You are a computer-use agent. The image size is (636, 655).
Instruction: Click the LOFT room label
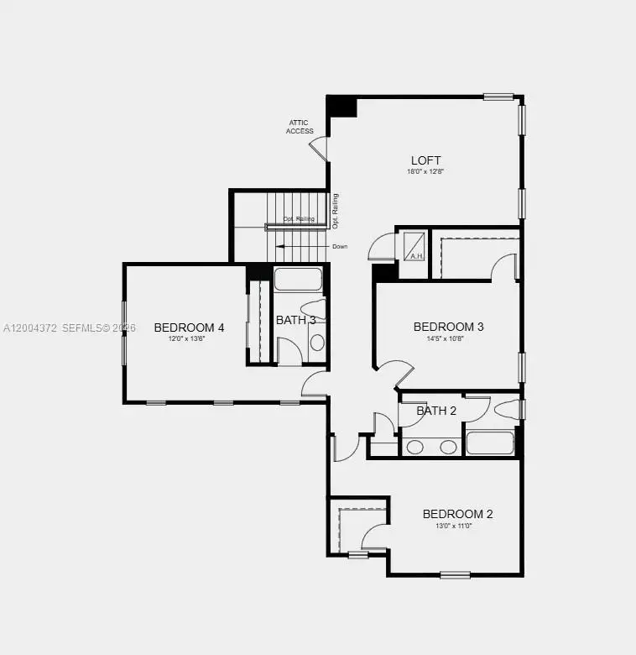pyautogui.click(x=425, y=160)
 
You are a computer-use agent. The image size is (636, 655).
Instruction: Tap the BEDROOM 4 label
pyautogui.click(x=189, y=327)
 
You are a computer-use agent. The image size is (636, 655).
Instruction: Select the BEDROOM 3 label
pyautogui.click(x=449, y=327)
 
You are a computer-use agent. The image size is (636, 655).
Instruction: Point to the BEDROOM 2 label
pyautogui.click(x=457, y=514)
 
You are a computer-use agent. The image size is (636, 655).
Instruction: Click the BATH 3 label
pyautogui.click(x=296, y=320)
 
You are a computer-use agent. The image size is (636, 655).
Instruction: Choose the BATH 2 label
pyautogui.click(x=436, y=411)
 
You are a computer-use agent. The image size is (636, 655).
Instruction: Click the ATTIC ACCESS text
pyautogui.click(x=300, y=127)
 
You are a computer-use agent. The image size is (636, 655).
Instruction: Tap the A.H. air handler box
pyautogui.click(x=414, y=246)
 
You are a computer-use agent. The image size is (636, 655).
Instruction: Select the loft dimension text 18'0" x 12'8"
pyautogui.click(x=425, y=171)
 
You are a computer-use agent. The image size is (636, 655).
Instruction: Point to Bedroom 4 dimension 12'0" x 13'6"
pyautogui.click(x=189, y=338)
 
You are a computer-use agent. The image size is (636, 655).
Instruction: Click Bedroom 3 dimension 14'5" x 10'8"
pyautogui.click(x=449, y=338)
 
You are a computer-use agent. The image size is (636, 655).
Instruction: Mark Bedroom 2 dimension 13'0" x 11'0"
pyautogui.click(x=454, y=526)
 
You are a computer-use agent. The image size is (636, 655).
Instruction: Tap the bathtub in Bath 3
pyautogui.click(x=299, y=280)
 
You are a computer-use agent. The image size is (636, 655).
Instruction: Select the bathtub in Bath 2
pyautogui.click(x=490, y=443)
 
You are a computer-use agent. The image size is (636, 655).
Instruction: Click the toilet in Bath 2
pyautogui.click(x=506, y=410)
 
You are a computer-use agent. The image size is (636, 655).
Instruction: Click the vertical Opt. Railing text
pyautogui.click(x=335, y=212)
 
